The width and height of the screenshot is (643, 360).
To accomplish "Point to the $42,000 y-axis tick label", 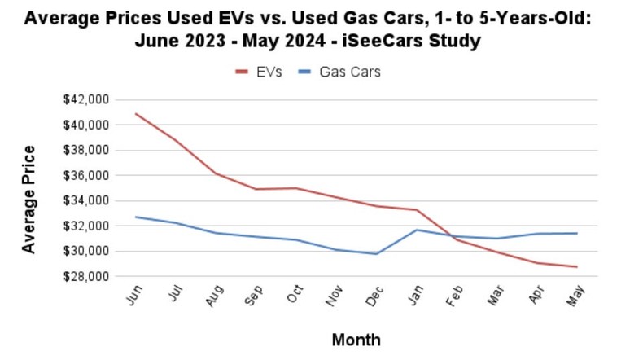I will click(85, 99).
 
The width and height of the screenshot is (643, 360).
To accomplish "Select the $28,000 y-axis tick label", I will click(85, 276).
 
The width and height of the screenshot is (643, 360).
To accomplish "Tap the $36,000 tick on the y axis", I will click(85, 175).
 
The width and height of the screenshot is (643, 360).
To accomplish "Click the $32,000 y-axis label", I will click(85, 226).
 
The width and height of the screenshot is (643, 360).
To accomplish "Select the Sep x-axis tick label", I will click(254, 296).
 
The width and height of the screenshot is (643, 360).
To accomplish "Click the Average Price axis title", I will click(29, 199).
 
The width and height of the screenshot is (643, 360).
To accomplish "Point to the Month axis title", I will click(356, 339).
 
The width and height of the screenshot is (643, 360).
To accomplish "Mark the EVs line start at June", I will click(136, 114).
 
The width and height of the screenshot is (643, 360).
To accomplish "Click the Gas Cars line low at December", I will click(376, 253).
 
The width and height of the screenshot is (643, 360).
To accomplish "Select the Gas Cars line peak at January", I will click(416, 230).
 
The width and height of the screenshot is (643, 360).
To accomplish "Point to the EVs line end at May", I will click(576, 266).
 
